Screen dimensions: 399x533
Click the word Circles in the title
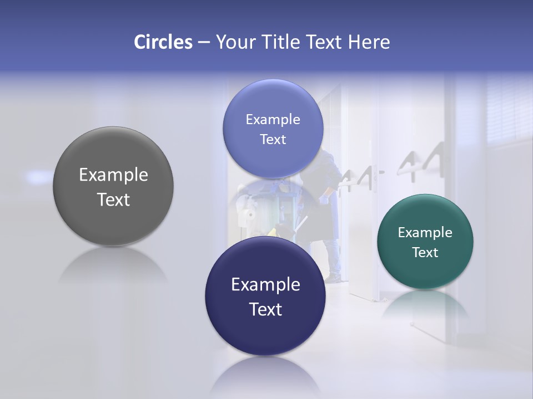click(x=163, y=42)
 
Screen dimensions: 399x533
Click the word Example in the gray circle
click(x=113, y=175)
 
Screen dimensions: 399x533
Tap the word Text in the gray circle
click(x=113, y=199)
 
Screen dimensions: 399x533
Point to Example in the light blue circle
click(x=273, y=120)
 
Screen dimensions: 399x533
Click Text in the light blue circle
click(x=273, y=140)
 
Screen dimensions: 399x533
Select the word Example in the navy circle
click(x=265, y=285)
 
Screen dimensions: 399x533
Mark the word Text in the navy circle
click(x=265, y=309)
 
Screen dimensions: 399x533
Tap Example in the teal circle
click(x=425, y=233)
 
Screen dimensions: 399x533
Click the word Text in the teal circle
click(x=425, y=253)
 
